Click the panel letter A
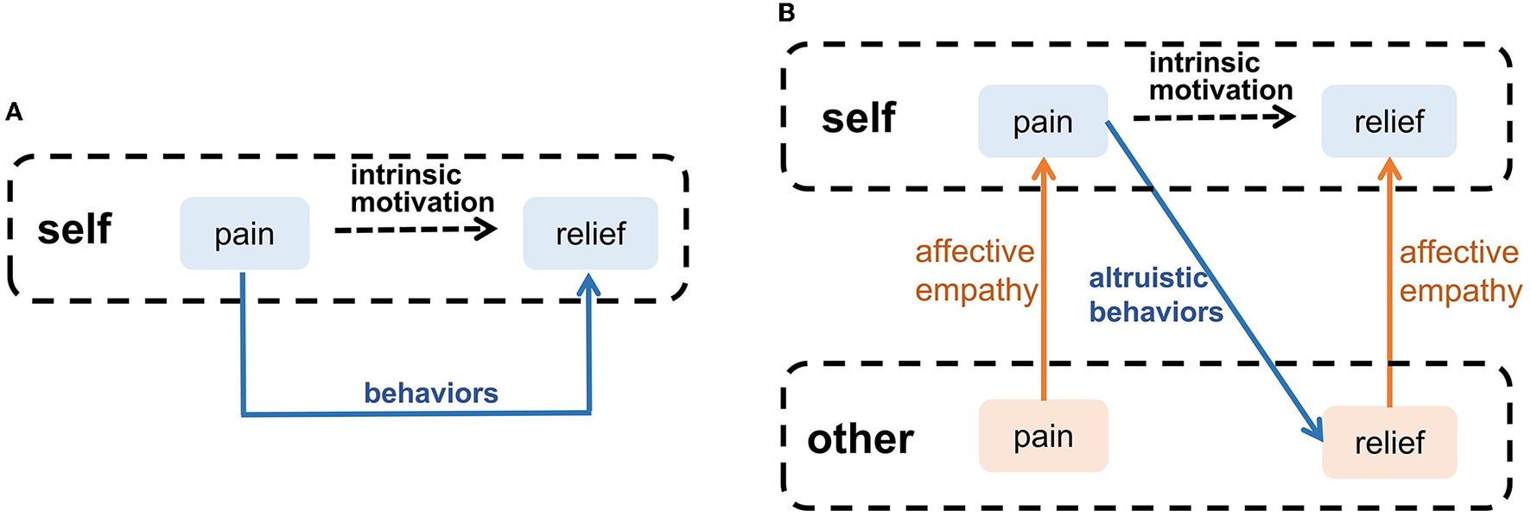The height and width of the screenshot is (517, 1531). point(13,112)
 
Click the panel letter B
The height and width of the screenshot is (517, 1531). point(786,13)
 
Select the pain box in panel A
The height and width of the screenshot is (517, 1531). point(245,234)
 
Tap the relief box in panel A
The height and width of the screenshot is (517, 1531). point(590,234)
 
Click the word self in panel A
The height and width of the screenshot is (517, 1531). point(74,230)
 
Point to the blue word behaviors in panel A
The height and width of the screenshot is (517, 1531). point(430,394)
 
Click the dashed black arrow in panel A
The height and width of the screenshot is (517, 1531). point(415,230)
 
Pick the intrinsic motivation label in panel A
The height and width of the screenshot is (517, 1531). point(422,188)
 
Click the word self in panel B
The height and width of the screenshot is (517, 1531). point(858,117)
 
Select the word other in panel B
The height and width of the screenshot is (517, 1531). point(860,439)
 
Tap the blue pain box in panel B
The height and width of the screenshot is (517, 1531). point(1043,122)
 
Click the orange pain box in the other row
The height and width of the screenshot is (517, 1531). point(1043,437)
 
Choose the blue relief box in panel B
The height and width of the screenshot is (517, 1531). point(1388,122)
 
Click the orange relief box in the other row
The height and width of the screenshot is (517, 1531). point(1388,443)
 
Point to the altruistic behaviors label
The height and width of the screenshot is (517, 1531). point(1154,295)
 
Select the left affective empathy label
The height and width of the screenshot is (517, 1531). point(975,271)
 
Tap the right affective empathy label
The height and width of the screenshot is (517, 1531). point(1459,271)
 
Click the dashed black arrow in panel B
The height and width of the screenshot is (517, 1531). point(1214,117)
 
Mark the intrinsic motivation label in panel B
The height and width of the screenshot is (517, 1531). point(1220,76)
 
